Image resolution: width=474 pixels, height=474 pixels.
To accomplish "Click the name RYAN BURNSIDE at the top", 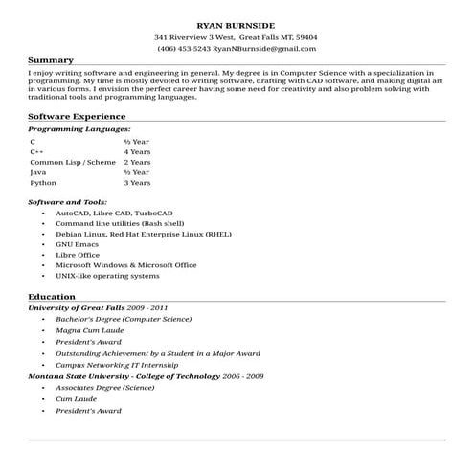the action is pos(236,22).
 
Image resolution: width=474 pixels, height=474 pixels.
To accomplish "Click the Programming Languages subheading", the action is pos(79,128).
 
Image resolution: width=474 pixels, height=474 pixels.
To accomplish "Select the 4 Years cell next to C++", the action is pos(138,151).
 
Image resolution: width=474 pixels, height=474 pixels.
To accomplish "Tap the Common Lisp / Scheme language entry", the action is pos(72,162).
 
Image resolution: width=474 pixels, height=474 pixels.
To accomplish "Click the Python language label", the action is pos(43,182).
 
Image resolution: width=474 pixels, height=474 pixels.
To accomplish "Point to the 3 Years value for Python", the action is pos(138,182).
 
